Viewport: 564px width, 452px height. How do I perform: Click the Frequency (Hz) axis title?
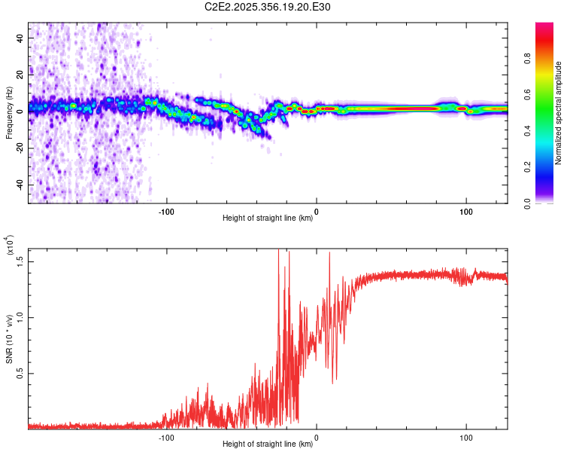(9, 112)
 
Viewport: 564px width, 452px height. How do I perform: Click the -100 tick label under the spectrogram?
(166, 210)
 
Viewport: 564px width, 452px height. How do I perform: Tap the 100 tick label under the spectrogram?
(465, 210)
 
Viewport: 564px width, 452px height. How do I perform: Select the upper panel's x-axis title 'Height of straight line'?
(268, 218)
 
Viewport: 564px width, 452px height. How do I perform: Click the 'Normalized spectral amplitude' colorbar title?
(559, 113)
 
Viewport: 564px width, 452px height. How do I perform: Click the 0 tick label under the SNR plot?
(316, 436)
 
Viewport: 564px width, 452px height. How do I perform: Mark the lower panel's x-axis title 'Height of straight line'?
(268, 444)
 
